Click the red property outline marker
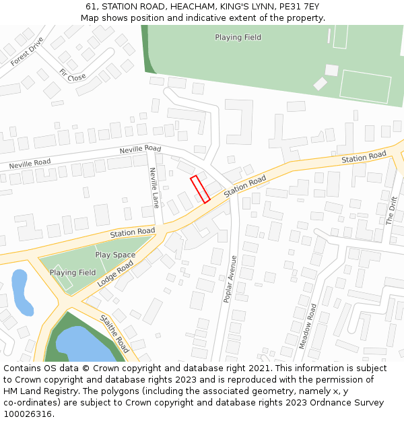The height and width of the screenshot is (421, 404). click(200, 189)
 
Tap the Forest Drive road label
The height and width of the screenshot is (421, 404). click(27, 51)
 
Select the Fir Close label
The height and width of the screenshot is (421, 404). click(72, 75)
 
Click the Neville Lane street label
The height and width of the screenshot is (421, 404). click(154, 187)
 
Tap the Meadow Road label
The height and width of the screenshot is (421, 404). click(308, 326)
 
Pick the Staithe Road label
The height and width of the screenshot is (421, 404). click(114, 333)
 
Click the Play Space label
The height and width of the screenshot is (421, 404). click(115, 255)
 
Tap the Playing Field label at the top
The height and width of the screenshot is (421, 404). click(238, 37)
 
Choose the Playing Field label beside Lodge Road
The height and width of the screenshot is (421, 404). click(73, 272)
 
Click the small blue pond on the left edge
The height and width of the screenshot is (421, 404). click(22, 292)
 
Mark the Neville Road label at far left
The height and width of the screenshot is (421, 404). click(30, 163)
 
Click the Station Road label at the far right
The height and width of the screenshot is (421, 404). click(364, 157)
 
